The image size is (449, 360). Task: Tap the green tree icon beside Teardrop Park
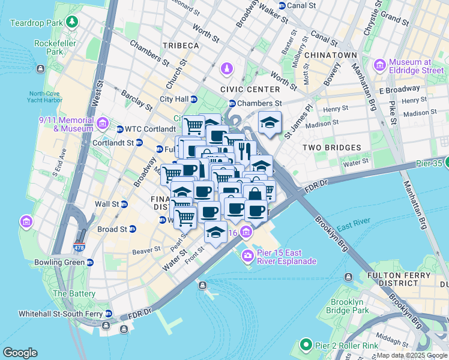pos(73,23)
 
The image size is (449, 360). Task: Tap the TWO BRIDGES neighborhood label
pos(332,148)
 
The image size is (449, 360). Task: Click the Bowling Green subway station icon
pos(90,262)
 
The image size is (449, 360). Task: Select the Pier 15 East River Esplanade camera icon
pos(247,257)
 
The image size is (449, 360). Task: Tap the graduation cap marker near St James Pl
pos(270,122)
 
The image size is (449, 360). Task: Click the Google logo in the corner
pos(20,353)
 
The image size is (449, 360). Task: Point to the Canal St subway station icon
pos(282,5)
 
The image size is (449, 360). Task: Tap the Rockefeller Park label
pos(57,47)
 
